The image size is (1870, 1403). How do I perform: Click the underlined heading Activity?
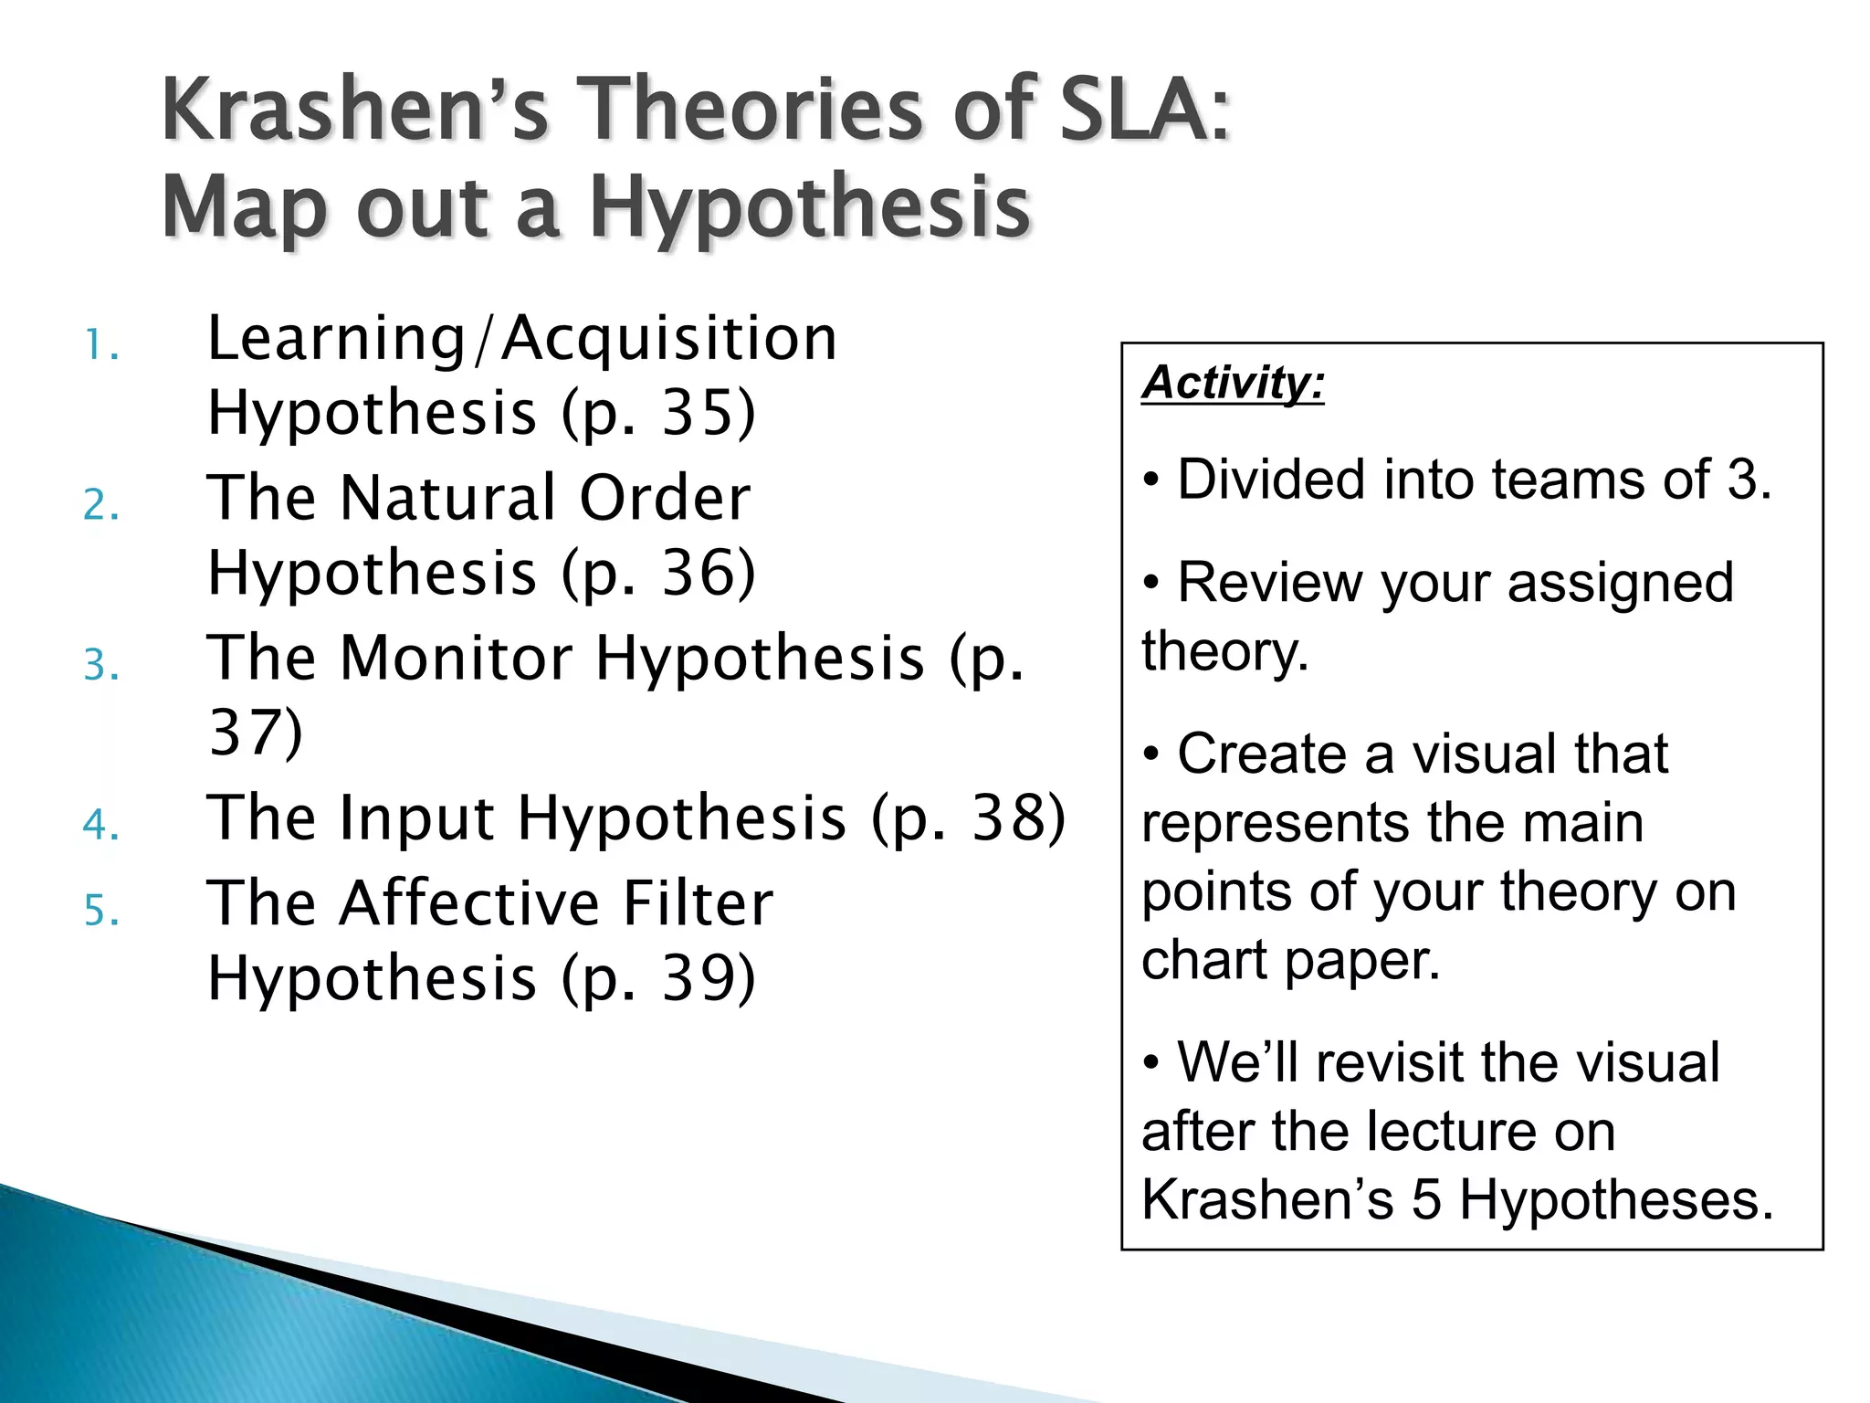click(1233, 382)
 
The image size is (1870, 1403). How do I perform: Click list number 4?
click(100, 825)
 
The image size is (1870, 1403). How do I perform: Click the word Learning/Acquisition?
click(521, 340)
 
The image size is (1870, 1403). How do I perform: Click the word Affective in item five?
click(469, 904)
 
